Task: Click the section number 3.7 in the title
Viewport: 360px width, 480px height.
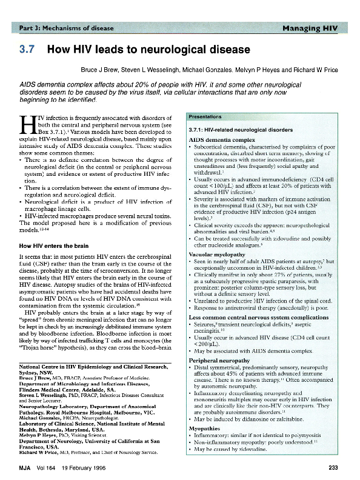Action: click(x=27, y=49)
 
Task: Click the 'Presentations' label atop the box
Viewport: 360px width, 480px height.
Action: click(x=205, y=116)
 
